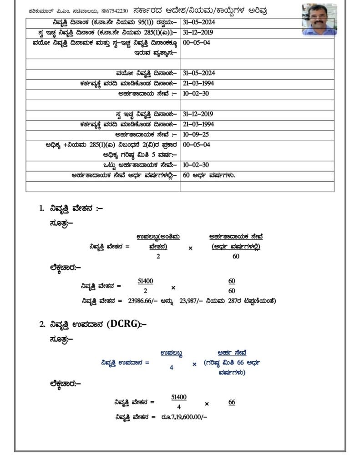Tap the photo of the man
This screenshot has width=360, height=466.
click(319, 20)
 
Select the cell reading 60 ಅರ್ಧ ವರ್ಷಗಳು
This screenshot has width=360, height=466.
click(208, 176)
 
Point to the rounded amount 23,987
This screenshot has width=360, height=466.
click(190, 300)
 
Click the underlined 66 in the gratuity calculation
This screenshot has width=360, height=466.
click(232, 402)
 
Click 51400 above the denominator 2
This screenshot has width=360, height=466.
click(145, 281)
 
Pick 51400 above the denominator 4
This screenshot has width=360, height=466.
click(179, 397)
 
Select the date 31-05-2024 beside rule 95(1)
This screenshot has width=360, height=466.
click(198, 22)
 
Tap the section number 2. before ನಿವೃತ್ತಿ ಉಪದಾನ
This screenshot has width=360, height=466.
click(41, 324)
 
